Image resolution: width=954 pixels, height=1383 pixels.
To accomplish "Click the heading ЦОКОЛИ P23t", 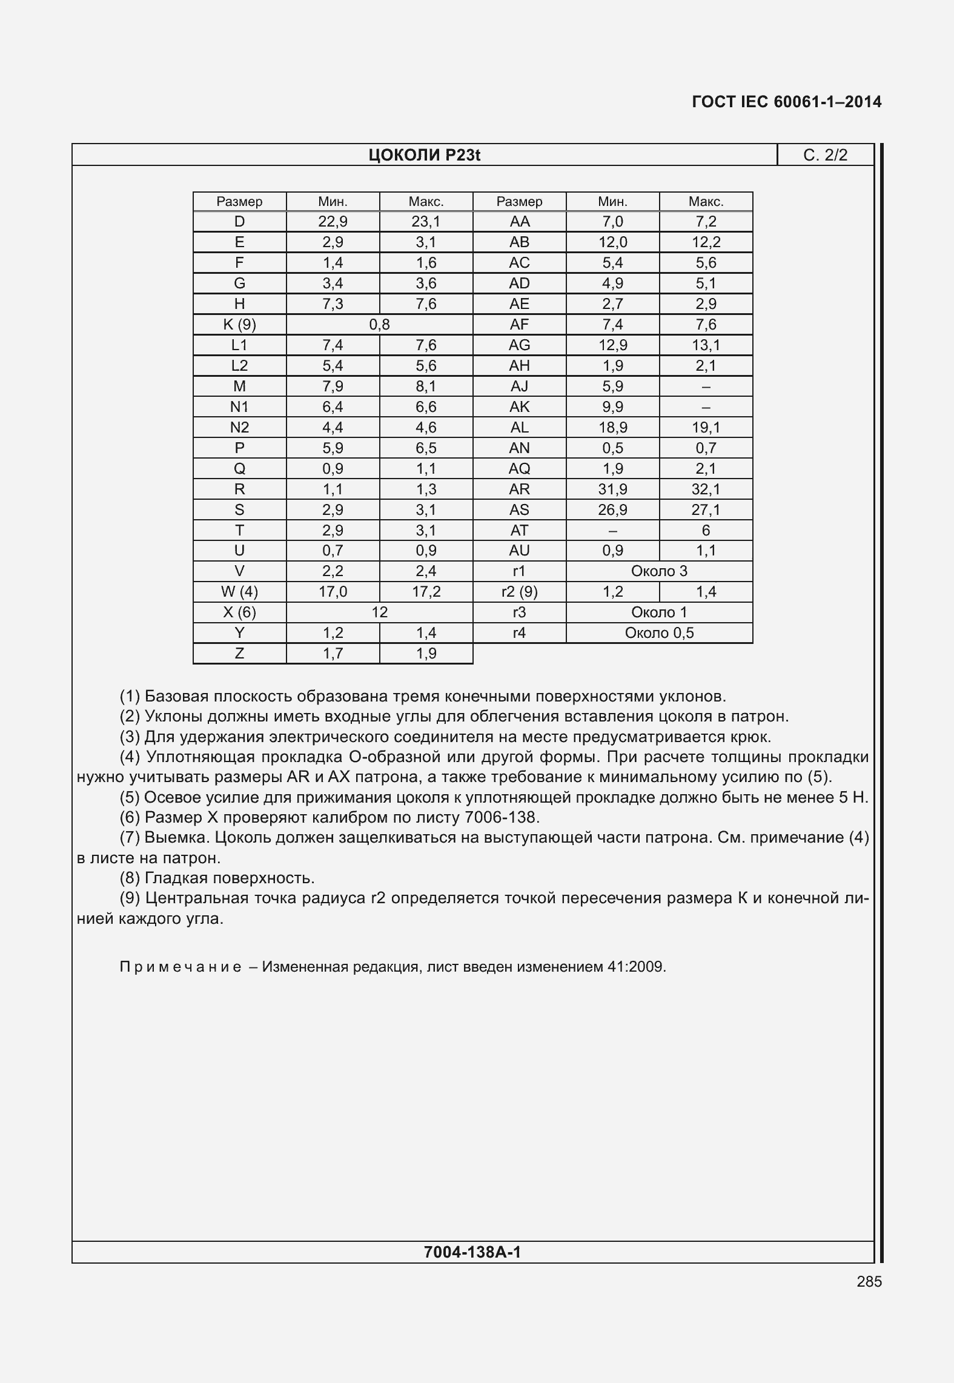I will click(x=424, y=156).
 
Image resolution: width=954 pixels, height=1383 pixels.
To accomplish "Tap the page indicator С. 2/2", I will click(x=825, y=156).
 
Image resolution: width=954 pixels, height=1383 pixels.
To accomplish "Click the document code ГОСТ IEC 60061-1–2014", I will click(x=786, y=102).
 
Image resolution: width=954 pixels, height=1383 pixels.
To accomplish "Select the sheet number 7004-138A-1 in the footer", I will click(x=472, y=1252).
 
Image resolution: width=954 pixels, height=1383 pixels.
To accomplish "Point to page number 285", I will click(x=869, y=1281).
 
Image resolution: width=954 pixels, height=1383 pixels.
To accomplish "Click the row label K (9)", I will click(x=239, y=325).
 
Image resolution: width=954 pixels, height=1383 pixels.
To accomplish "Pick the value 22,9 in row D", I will click(x=333, y=222).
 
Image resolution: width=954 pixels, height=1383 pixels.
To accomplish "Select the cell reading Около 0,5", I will click(x=659, y=633).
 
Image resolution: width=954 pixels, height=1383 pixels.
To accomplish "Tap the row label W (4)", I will click(x=239, y=592).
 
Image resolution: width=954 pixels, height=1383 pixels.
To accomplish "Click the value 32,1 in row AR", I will click(x=706, y=489).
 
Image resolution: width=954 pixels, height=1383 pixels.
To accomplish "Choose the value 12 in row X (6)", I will click(x=379, y=612).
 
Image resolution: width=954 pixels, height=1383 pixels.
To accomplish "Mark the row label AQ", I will click(x=519, y=469).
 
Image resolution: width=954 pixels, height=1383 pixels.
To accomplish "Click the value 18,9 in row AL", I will click(x=612, y=428).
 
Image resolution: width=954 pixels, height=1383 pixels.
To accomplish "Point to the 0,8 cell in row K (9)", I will click(x=379, y=325).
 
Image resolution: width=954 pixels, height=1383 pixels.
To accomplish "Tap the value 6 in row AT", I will click(x=706, y=531).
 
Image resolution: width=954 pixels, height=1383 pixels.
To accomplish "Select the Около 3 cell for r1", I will click(x=659, y=571).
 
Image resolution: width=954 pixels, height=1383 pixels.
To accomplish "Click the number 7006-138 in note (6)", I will click(x=500, y=818).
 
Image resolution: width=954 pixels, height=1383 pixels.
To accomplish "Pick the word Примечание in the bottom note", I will click(x=181, y=967).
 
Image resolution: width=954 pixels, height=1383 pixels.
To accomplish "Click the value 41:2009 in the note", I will click(x=636, y=967).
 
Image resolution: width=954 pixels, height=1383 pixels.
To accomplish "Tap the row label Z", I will click(x=239, y=654).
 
